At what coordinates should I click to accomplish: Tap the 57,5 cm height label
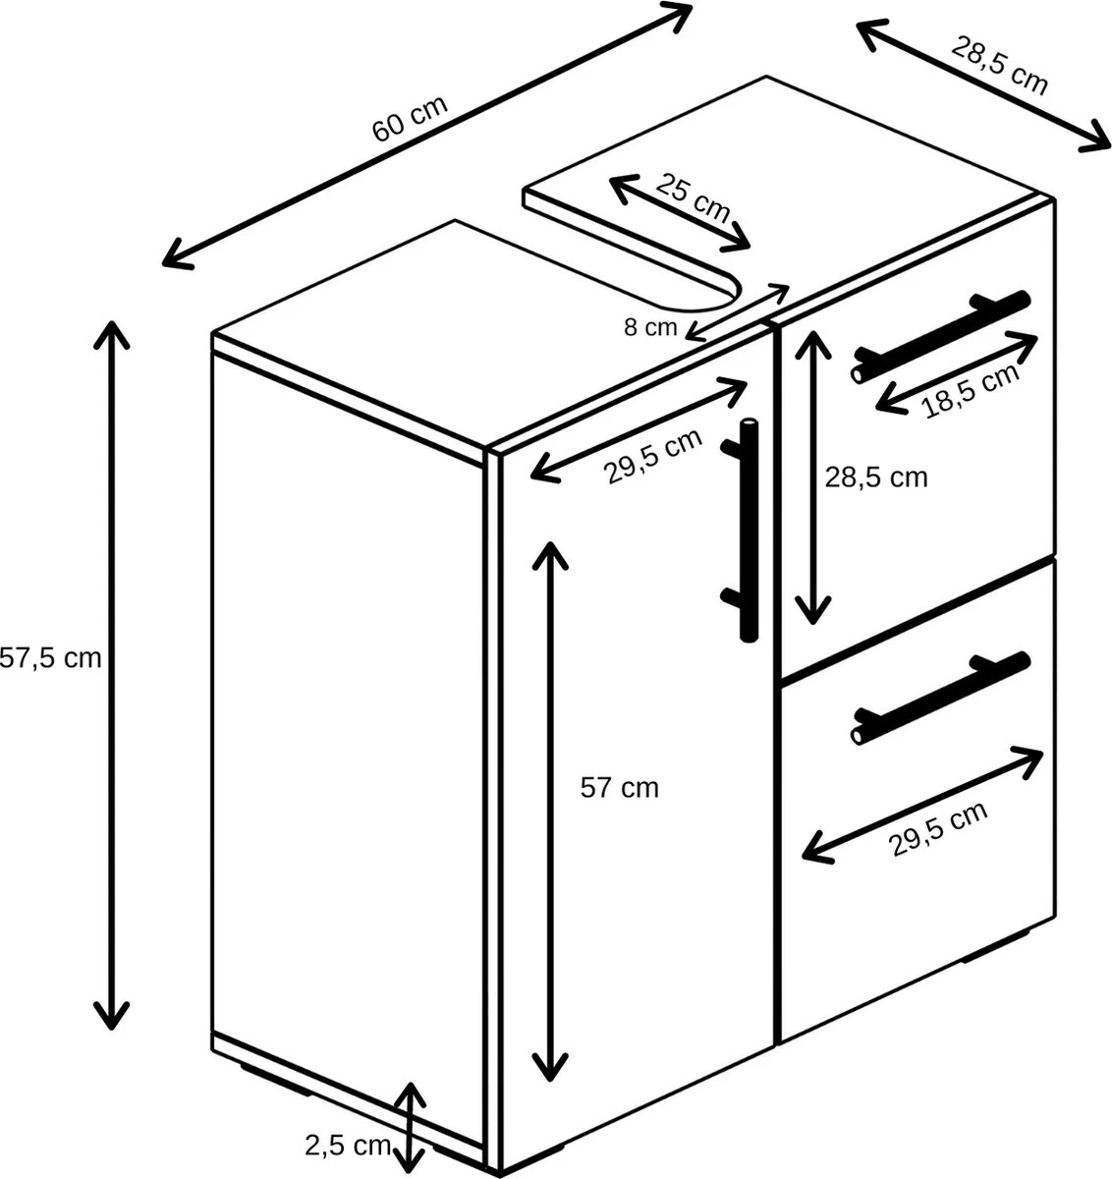(x=50, y=658)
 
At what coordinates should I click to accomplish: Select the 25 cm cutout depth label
(x=694, y=196)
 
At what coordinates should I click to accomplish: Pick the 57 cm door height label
(x=619, y=787)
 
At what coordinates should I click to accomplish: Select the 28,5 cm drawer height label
(x=875, y=477)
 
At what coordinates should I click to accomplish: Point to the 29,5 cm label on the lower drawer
(x=938, y=830)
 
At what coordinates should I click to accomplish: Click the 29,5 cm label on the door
(x=653, y=457)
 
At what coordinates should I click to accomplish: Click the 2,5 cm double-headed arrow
(x=411, y=1128)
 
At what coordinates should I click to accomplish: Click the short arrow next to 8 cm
(x=738, y=311)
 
